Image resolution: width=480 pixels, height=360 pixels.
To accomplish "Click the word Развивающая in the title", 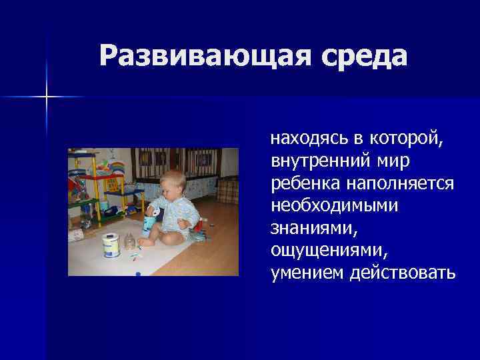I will tap(199, 56).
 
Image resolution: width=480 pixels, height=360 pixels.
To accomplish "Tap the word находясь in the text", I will tap(309, 139).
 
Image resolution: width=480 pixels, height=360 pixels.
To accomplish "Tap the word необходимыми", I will tap(335, 205).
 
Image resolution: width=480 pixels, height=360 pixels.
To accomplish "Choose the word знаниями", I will tap(309, 227).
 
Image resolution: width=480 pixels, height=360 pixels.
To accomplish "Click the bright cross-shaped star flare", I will tap(47, 97).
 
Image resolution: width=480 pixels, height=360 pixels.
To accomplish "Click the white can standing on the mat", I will tap(110, 245).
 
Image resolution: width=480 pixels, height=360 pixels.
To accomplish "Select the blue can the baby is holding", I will tap(153, 220).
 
